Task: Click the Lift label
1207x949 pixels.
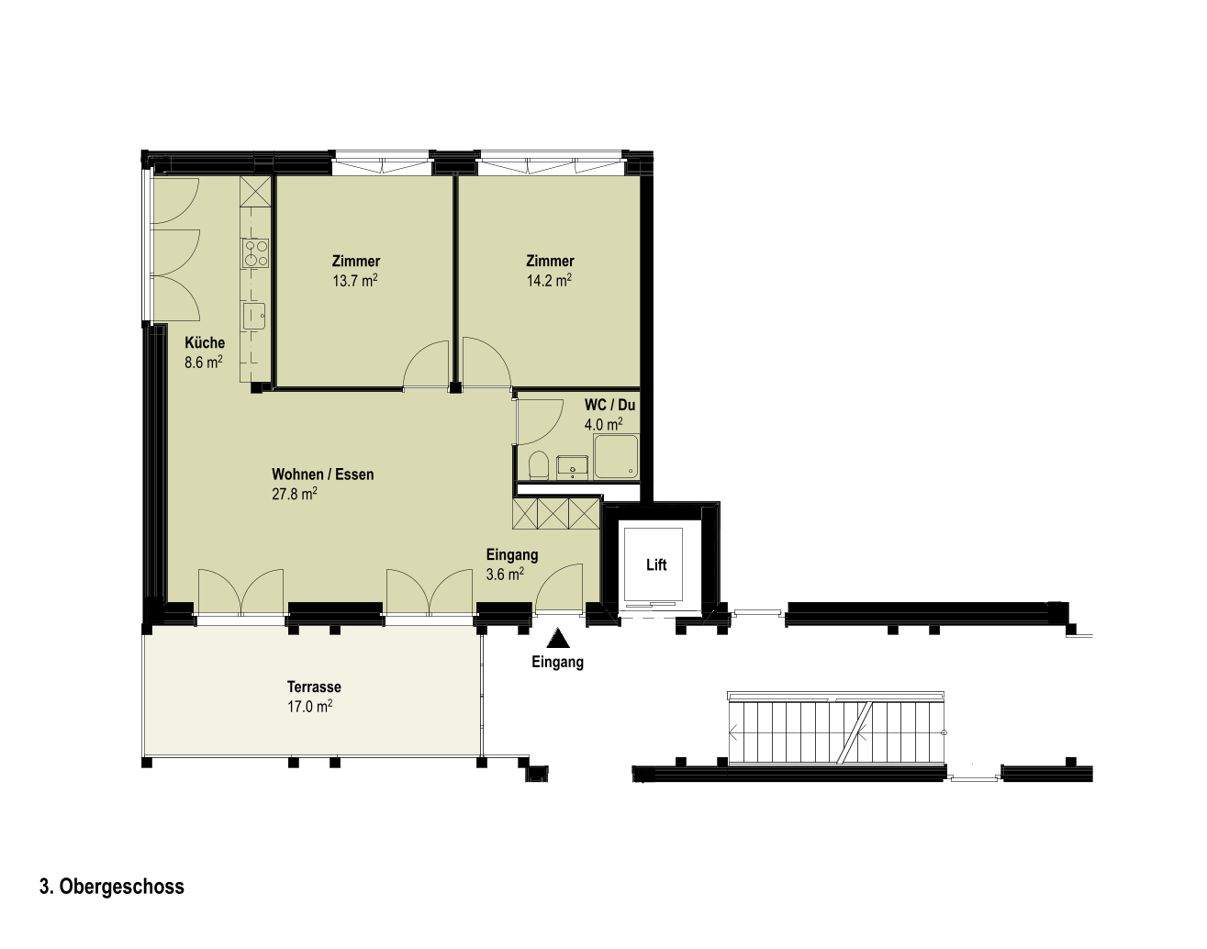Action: click(x=656, y=564)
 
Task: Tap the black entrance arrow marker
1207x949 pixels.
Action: click(x=558, y=638)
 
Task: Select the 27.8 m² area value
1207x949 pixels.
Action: click(x=295, y=494)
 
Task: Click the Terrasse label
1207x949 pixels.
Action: click(x=314, y=687)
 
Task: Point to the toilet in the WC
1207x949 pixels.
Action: click(x=539, y=465)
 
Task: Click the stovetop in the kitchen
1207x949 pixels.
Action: click(x=255, y=253)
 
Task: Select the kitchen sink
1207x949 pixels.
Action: click(x=254, y=317)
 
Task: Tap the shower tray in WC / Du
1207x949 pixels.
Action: click(x=616, y=456)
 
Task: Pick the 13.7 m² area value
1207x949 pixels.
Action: click(x=355, y=281)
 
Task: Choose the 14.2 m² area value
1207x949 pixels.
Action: click(x=549, y=281)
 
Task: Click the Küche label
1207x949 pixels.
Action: click(x=205, y=342)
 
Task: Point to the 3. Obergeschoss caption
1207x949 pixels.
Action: click(x=112, y=887)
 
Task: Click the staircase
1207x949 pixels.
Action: click(x=836, y=729)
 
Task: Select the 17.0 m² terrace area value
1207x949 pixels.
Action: click(x=309, y=707)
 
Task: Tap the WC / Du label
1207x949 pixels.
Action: click(x=609, y=405)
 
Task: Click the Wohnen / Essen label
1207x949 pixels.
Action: click(x=322, y=474)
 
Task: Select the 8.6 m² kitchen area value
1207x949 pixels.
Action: click(x=204, y=363)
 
